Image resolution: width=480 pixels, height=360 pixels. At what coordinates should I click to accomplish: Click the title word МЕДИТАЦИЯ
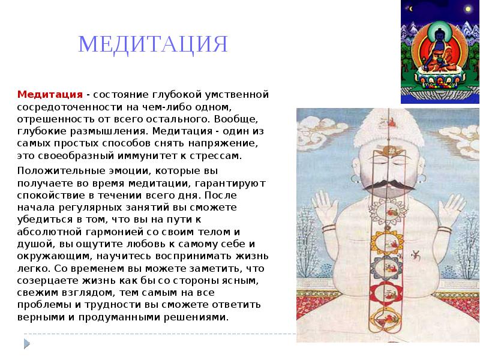[153, 45]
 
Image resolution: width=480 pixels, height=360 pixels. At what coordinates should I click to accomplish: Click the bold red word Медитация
[50, 94]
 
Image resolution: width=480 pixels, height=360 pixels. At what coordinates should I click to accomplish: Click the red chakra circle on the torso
[386, 293]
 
